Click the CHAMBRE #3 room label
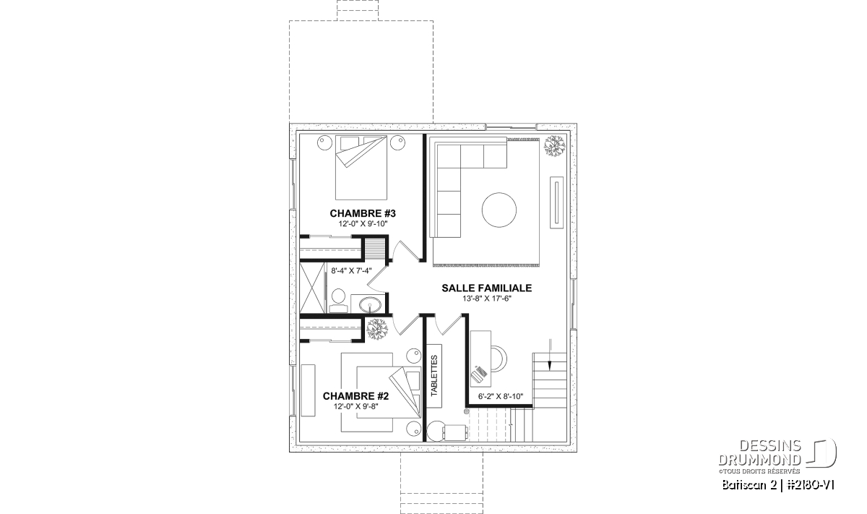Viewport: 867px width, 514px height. (x=363, y=213)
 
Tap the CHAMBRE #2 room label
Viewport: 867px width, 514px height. (x=355, y=396)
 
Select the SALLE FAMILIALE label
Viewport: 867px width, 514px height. (x=486, y=288)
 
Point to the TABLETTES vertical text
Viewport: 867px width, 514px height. (x=434, y=376)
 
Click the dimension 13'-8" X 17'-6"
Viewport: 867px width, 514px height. (x=487, y=299)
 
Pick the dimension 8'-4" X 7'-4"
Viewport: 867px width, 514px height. (x=351, y=271)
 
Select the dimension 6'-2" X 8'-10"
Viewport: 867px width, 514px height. (x=501, y=396)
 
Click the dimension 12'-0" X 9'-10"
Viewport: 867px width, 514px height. (x=363, y=224)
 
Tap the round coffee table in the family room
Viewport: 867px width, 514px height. (x=499, y=210)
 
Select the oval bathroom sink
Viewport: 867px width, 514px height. (x=370, y=305)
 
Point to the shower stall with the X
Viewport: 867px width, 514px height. (x=312, y=288)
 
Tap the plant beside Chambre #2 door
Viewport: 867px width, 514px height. (x=376, y=329)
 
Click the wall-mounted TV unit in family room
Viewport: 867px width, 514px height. (x=557, y=202)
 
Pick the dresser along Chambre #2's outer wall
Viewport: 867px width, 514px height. (x=308, y=390)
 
